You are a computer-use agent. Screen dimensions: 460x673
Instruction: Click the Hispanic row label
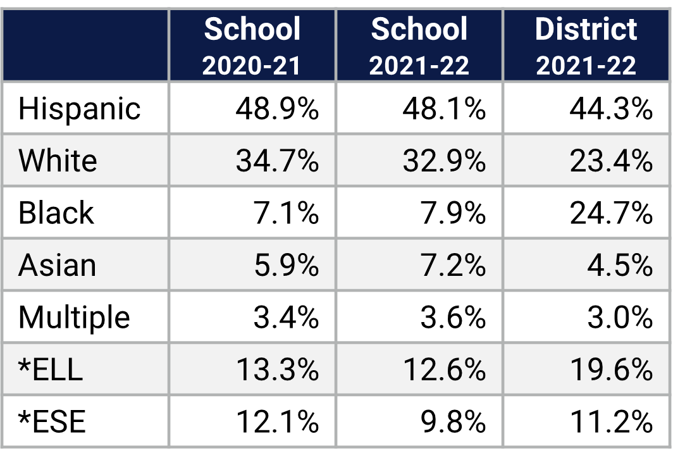coord(79,108)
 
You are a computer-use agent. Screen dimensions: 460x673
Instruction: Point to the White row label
coord(58,161)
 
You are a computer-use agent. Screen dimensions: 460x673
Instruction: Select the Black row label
coord(56,213)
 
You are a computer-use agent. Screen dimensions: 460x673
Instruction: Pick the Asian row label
coord(57,265)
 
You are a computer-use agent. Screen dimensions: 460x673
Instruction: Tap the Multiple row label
coord(74,317)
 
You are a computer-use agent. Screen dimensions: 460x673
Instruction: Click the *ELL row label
coord(51,369)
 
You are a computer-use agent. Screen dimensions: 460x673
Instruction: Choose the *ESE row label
coord(52,421)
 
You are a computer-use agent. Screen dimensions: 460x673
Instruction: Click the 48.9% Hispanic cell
coord(277,109)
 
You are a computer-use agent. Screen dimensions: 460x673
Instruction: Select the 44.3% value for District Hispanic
coord(610,109)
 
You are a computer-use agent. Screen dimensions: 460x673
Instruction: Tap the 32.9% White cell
coord(444,161)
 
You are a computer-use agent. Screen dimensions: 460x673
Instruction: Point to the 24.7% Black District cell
coord(610,213)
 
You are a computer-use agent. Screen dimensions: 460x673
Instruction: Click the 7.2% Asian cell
coord(453,265)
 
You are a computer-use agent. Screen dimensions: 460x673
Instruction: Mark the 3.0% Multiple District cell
coord(619,317)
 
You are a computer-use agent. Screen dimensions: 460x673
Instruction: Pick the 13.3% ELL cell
coord(277,370)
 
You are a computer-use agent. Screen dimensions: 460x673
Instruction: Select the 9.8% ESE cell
coord(453,421)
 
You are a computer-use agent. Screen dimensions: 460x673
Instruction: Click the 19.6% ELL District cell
coord(610,370)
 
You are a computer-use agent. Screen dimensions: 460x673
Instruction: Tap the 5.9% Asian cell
coord(286,265)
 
